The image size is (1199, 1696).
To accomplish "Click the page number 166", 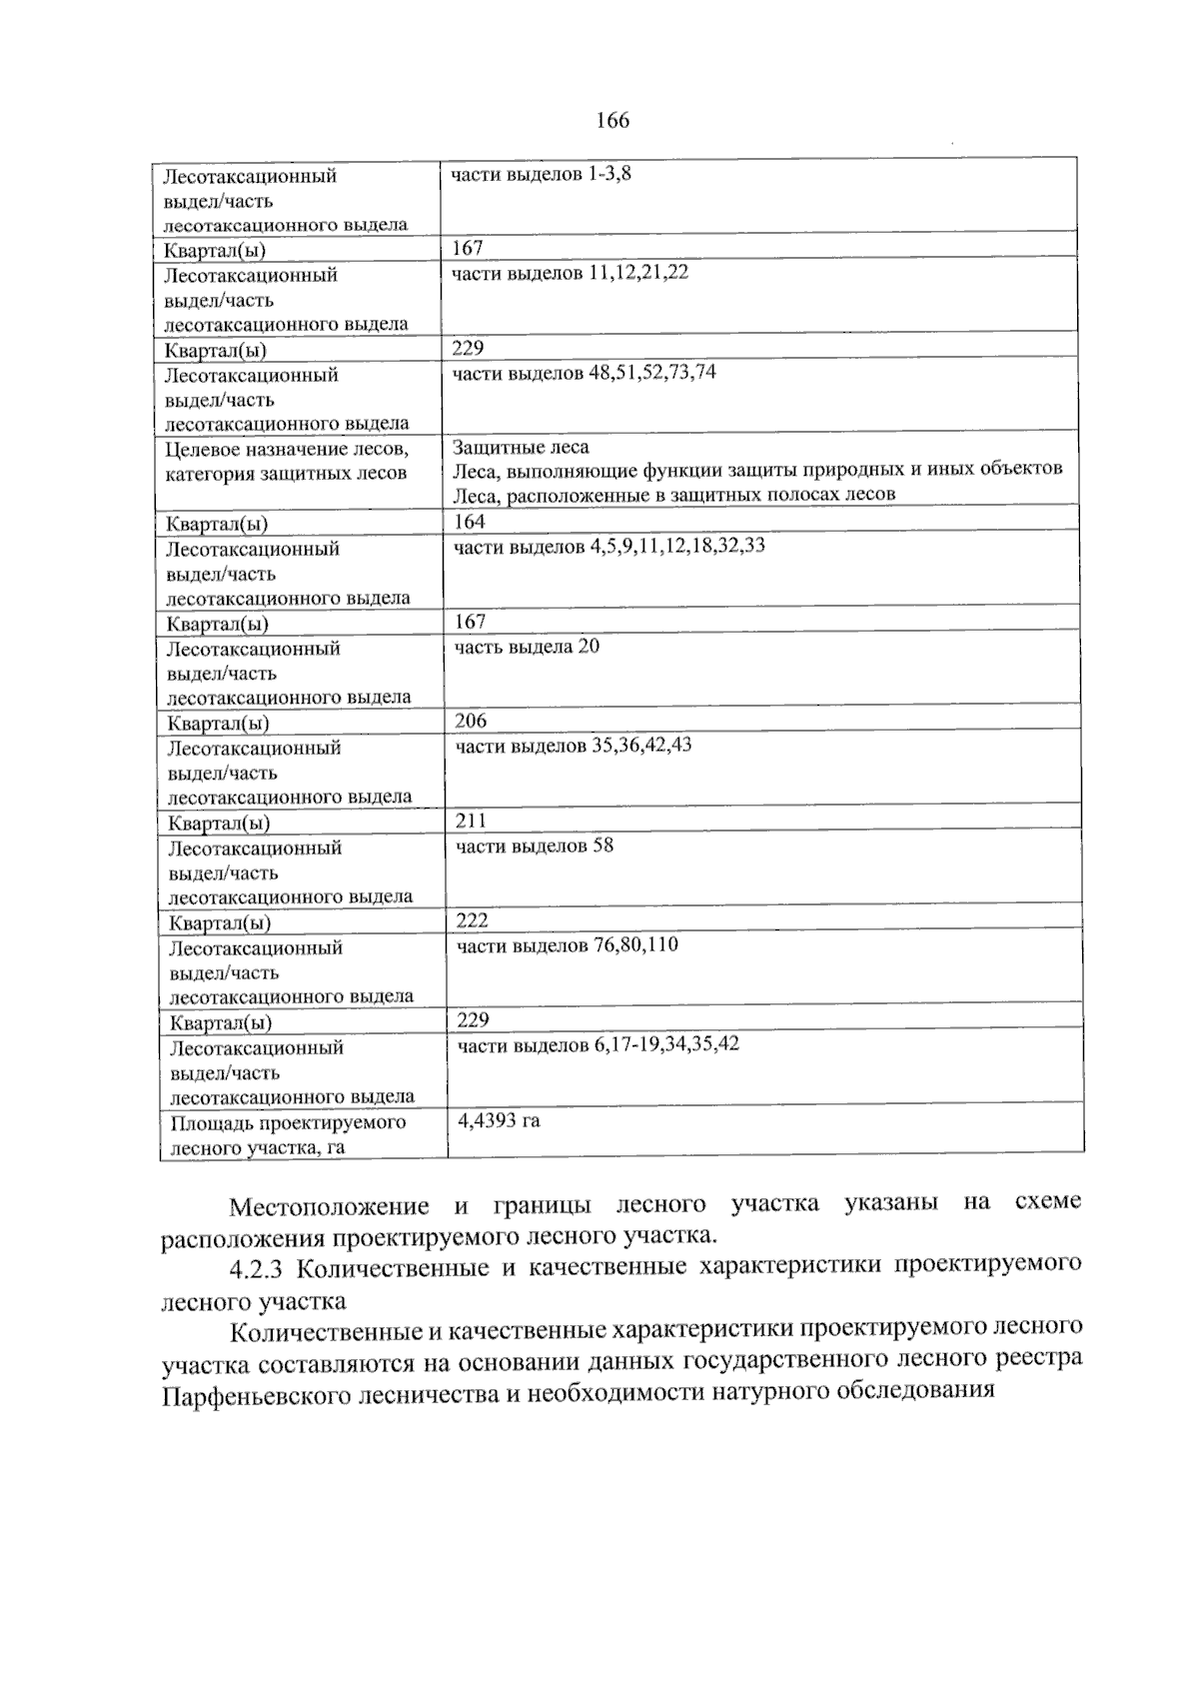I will click(612, 121).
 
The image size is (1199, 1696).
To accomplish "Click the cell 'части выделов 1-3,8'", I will click(541, 175).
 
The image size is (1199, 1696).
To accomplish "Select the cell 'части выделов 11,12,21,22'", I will click(570, 273).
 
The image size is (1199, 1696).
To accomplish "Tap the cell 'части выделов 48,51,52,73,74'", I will click(584, 373).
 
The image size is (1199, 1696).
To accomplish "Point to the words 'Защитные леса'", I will click(521, 448).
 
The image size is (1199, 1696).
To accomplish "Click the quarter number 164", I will click(470, 522).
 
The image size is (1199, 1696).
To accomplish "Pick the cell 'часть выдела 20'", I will click(527, 647).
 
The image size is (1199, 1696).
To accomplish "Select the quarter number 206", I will click(471, 721).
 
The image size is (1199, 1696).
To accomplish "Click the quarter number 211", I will click(471, 821).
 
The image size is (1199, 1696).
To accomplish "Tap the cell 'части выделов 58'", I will click(535, 846).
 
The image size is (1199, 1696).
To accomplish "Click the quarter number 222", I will click(472, 920).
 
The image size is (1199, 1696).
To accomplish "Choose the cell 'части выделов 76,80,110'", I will click(568, 945).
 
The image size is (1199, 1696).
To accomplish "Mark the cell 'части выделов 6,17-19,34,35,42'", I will click(598, 1045).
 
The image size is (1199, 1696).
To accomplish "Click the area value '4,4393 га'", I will click(499, 1120).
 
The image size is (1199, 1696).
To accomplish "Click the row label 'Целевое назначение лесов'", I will click(286, 450).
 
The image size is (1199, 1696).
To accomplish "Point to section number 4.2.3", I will click(258, 1268).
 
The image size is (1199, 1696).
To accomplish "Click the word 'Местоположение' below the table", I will click(329, 1206).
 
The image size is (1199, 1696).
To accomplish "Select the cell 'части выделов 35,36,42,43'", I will click(574, 746).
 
